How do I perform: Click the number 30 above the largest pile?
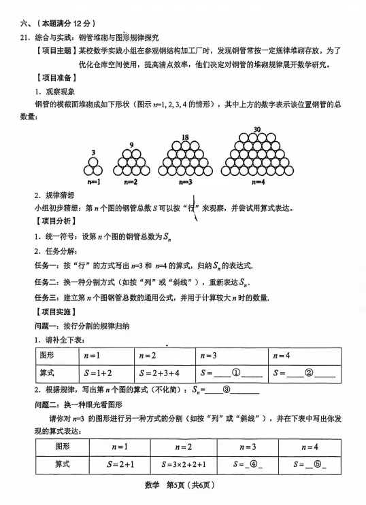pyautogui.click(x=257, y=130)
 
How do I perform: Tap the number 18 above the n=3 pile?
pyautogui.click(x=185, y=137)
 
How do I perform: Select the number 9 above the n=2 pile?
pyautogui.click(x=131, y=145)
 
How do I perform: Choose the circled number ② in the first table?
pyautogui.click(x=308, y=373)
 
